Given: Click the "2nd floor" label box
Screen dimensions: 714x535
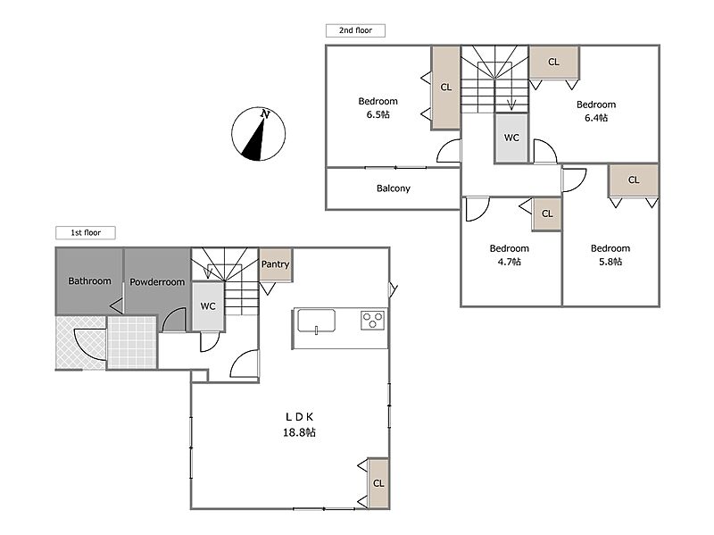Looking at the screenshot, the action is pos(355,30).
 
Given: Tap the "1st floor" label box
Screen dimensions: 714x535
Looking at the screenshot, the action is pos(85,232).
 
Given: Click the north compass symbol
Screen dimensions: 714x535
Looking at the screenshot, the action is pos(259,134).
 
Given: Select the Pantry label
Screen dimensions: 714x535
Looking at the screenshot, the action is pos(275,263).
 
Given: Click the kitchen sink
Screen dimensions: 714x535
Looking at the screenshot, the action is pos(317,321).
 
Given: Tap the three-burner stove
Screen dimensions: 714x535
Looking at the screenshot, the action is pos(372,320).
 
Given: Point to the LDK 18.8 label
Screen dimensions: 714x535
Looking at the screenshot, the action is pos(299,424).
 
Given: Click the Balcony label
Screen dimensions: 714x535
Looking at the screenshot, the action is pos(394,188).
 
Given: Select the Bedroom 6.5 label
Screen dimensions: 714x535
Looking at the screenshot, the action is pos(378,107).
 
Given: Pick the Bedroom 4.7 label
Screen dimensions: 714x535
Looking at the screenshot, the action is pos(509,255).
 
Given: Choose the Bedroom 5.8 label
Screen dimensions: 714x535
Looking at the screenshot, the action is pos(610,255).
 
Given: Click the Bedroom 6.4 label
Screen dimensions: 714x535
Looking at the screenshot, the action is pos(596,111).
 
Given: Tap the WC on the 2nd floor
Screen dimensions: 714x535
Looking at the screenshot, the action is pos(511,138).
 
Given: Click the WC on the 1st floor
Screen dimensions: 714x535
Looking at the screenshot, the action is pos(208,306).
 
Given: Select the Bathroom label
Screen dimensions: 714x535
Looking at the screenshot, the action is pos(90,280).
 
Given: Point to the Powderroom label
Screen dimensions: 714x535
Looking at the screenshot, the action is pos(157,282).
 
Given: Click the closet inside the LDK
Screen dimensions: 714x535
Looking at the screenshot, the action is pos(378,483).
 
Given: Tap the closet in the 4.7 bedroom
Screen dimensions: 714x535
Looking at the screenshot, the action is pos(547,213).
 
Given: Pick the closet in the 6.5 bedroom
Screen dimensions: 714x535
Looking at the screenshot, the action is pos(445,87).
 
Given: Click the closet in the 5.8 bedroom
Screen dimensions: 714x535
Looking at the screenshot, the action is pos(634,180).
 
